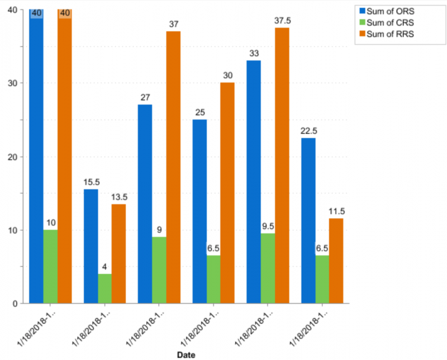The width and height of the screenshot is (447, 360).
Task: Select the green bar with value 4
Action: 104,288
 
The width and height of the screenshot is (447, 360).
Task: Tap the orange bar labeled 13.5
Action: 118,254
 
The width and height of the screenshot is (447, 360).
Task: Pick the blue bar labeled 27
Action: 145,204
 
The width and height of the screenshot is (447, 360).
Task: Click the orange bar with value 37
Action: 173,168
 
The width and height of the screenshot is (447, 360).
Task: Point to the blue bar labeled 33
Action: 254,182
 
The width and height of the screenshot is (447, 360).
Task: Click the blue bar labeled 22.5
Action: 308,221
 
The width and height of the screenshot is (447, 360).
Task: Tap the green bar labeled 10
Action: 50,267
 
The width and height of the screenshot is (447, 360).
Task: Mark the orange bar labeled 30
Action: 227,193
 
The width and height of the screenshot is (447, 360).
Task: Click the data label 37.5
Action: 282,21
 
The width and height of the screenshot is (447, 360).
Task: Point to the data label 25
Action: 200,112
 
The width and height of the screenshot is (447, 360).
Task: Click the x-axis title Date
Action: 186,354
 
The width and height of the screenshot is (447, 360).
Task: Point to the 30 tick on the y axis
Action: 11,83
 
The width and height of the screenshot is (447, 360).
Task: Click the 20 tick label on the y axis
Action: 11,157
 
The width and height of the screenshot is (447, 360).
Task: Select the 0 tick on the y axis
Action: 14,304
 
